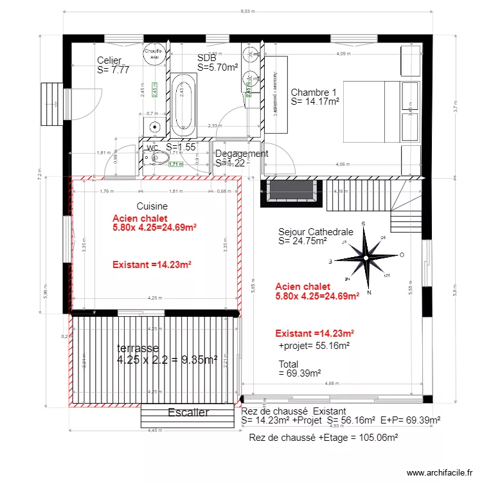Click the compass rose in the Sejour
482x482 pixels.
(365, 258)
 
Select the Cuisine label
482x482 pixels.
(152, 206)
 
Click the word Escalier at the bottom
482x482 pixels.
(188, 413)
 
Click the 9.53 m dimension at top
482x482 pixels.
(248, 11)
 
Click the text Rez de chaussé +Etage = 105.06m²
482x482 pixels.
(323, 438)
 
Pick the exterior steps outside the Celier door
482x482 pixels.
(51, 102)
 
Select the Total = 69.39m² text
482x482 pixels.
(299, 368)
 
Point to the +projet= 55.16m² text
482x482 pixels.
(314, 346)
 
